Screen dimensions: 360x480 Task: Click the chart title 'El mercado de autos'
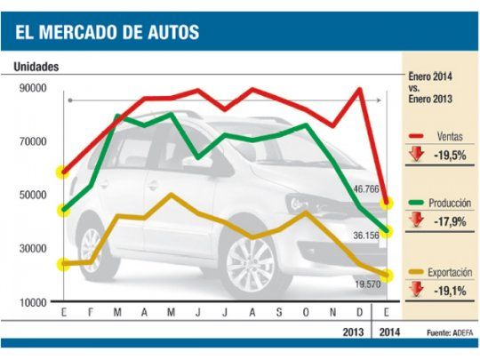click(107, 34)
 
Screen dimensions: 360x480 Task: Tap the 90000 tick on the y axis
click(34, 88)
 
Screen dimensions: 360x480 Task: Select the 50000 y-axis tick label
click(34, 195)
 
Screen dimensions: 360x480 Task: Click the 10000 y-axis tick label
click(34, 302)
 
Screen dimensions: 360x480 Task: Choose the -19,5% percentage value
click(450, 154)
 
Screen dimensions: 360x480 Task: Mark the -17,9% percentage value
click(450, 222)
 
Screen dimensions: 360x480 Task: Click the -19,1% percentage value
click(450, 290)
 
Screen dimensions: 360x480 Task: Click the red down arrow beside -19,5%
click(416, 154)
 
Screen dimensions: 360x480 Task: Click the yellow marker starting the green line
click(64, 211)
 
